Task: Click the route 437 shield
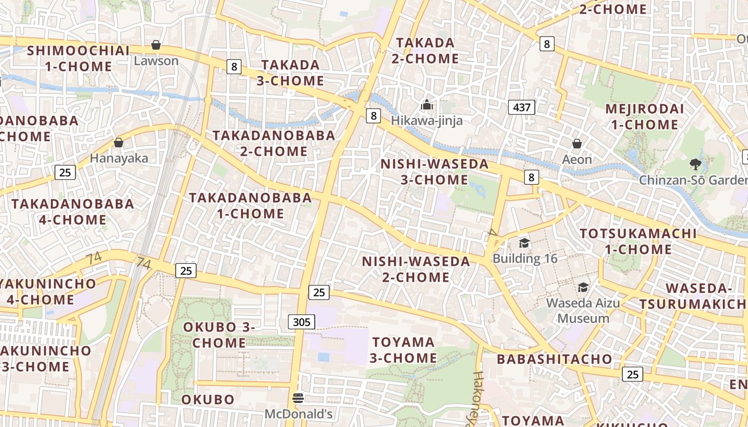pos(521,107)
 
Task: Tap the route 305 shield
pos(301,321)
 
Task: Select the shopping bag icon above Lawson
pos(156,45)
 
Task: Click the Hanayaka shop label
pos(119,158)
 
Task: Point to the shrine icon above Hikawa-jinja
pos(426,105)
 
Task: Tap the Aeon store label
pos(577,159)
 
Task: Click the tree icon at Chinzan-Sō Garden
pos(695,164)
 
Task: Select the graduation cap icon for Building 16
pos(524,244)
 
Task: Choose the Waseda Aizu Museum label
pos(583,311)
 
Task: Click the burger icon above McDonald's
pos(298,398)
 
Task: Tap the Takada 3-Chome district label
pos(291,73)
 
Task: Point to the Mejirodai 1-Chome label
pos(644,117)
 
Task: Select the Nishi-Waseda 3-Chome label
pos(434,171)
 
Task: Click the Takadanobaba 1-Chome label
pos(251,205)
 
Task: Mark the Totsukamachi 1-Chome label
pos(638,241)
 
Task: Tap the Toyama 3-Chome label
pos(404,350)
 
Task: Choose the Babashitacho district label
pos(554,359)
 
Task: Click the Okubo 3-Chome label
pos(219,335)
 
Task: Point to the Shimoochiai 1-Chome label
pos(78,58)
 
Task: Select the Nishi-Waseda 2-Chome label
pos(416,269)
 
